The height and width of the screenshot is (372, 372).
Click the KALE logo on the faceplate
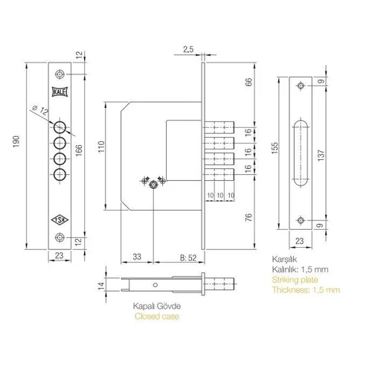click(x=60, y=92)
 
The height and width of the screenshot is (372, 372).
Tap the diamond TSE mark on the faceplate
click(x=60, y=219)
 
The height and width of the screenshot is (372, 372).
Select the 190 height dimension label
click(x=16, y=141)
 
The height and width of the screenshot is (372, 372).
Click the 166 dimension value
click(x=79, y=150)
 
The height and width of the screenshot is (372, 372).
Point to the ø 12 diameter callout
click(x=40, y=110)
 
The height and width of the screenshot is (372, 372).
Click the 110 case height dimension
click(x=101, y=147)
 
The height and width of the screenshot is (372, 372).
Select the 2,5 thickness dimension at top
click(x=188, y=49)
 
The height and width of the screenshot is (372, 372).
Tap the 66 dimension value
click(x=248, y=82)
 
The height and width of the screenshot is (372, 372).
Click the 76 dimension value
click(x=248, y=217)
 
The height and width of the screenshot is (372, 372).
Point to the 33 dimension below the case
click(x=137, y=257)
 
